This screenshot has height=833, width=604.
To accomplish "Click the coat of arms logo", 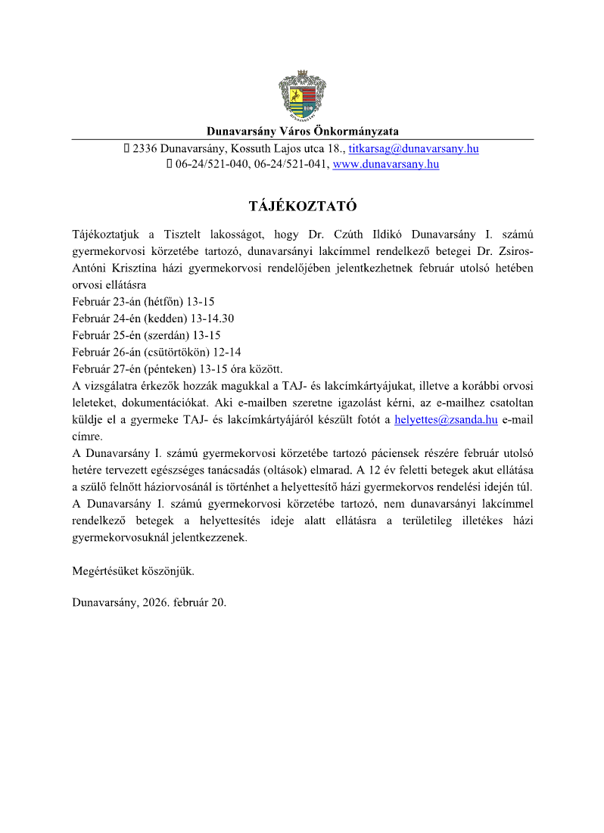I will (302, 95).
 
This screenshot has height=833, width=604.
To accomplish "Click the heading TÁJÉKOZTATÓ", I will (302, 206).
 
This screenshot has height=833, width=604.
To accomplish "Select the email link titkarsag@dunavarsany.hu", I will (413, 149).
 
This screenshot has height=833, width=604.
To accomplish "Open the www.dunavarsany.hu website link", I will (386, 164).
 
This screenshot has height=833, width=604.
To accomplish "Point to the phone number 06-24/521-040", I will (213, 164).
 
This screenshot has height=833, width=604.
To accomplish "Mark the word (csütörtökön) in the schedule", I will (176, 351).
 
